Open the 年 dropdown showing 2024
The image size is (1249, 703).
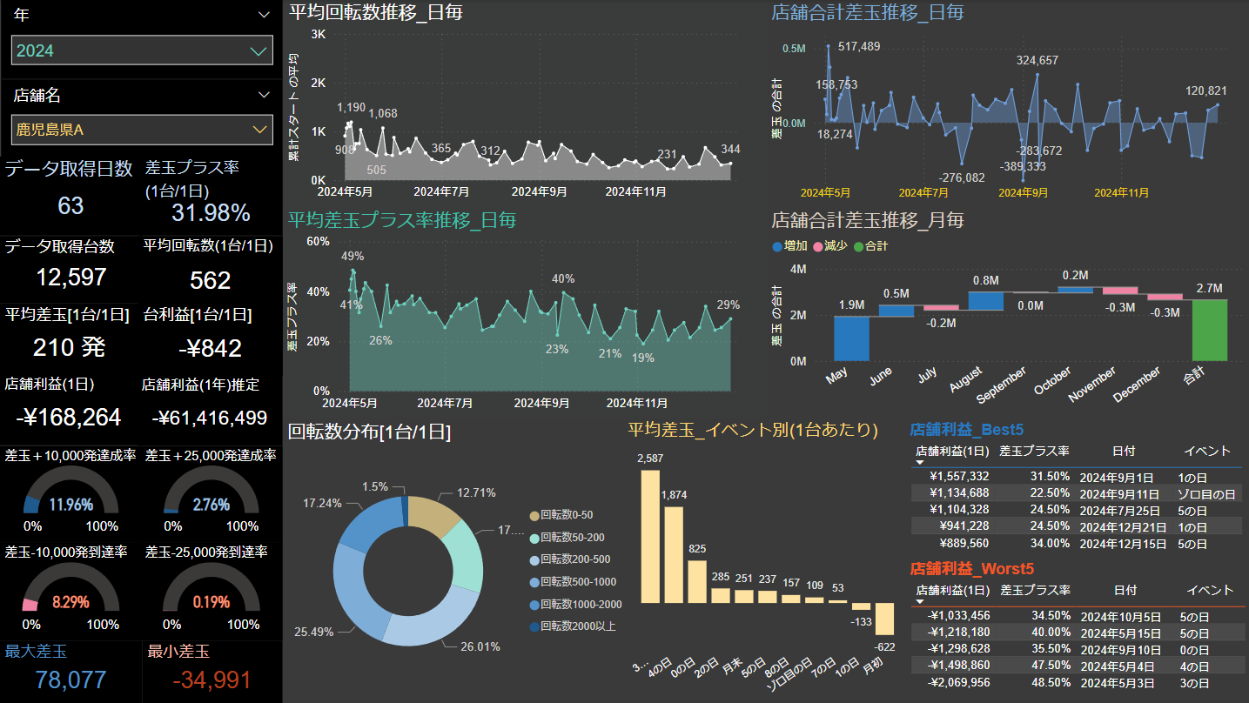click(142, 50)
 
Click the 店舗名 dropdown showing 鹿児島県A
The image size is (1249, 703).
click(142, 130)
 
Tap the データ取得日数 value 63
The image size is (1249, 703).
click(71, 205)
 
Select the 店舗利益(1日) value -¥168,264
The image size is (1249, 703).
click(68, 417)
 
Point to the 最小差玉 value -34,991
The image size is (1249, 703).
click(212, 680)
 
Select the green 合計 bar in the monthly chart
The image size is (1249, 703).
click(1210, 330)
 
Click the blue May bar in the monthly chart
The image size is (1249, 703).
click(851, 338)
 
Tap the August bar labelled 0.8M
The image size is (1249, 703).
click(985, 300)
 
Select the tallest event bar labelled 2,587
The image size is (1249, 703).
click(649, 536)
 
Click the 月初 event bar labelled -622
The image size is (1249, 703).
click(884, 619)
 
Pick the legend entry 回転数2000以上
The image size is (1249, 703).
click(578, 626)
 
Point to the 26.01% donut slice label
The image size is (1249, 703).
click(479, 646)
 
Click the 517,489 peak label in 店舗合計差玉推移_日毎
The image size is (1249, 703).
click(859, 47)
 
